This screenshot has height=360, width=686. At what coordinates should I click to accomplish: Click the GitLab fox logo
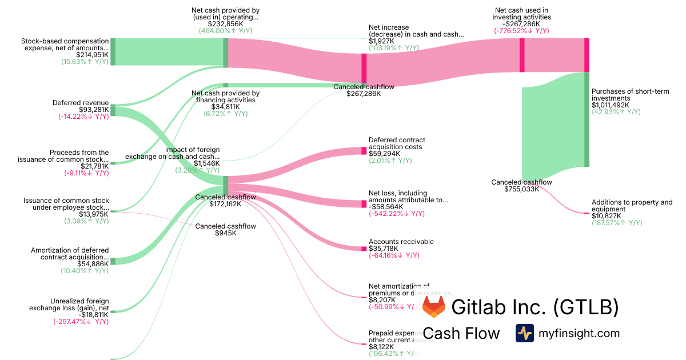434,307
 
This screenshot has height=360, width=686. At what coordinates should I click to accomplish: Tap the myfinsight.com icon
524,333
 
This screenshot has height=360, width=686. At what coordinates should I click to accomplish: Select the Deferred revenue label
80,103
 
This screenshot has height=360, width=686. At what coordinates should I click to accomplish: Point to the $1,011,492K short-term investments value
611,105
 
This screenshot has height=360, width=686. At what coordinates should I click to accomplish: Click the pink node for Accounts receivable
364,249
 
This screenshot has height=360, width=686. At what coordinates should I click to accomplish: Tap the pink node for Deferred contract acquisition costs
364,151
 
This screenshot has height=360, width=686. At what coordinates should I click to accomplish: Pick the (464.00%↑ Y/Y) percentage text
225,31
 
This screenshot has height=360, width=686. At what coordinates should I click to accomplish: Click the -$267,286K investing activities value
521,24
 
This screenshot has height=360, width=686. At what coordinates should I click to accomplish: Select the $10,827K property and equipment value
604,216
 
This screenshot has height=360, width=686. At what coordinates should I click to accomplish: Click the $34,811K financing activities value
225,107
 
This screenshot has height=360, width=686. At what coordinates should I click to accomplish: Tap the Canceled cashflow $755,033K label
521,186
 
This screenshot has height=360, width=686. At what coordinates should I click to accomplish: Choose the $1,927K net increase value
382,41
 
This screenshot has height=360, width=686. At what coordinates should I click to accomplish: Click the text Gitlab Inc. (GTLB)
535,307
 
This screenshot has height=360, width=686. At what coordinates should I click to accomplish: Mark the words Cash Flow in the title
461,334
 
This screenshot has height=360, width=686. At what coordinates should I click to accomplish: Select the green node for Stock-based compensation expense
113,51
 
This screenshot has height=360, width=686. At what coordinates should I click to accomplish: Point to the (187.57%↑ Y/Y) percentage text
617,223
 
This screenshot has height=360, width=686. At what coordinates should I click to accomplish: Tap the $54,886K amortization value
93,264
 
